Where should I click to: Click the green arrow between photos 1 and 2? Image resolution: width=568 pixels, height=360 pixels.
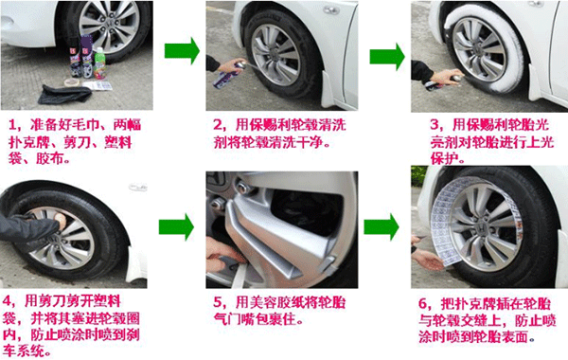(x=182, y=51)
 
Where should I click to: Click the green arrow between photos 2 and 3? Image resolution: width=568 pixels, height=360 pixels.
(x=387, y=57)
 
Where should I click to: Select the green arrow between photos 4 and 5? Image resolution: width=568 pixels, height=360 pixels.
(x=176, y=227)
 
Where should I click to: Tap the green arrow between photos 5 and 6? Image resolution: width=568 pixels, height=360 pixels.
(x=382, y=227)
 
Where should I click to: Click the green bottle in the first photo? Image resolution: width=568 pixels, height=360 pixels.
(x=98, y=63)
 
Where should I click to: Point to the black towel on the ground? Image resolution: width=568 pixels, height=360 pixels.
(x=64, y=94)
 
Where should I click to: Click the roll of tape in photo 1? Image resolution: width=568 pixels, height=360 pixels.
(x=73, y=82)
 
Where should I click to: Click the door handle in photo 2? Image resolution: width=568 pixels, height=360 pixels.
(x=331, y=10)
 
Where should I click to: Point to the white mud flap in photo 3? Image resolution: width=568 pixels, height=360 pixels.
(x=536, y=83)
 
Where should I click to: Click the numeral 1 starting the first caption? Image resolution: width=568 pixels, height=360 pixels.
(x=12, y=125)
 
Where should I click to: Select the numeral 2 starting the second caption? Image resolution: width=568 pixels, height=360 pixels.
(x=218, y=125)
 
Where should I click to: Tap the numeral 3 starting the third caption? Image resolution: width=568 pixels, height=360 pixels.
(x=435, y=125)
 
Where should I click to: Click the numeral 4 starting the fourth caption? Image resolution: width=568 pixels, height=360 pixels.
(x=8, y=301)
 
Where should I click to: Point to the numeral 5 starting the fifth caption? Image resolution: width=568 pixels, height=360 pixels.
(x=218, y=302)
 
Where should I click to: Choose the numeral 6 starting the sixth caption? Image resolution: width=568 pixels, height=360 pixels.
(x=423, y=304)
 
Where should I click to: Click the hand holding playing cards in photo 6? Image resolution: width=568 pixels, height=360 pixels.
(x=428, y=259)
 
